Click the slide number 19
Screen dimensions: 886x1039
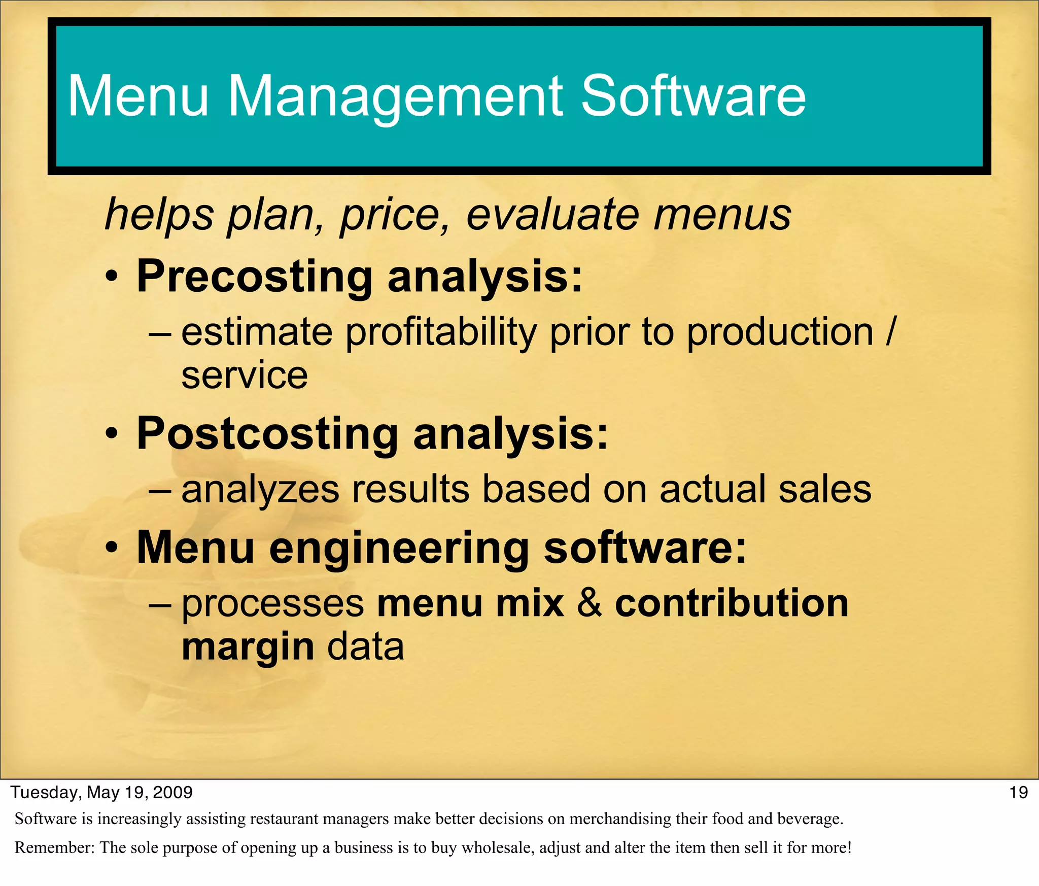1018,793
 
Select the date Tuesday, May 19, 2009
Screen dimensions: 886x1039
102,793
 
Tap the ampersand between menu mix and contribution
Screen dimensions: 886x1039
590,603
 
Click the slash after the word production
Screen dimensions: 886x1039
890,332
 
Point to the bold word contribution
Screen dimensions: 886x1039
732,603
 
